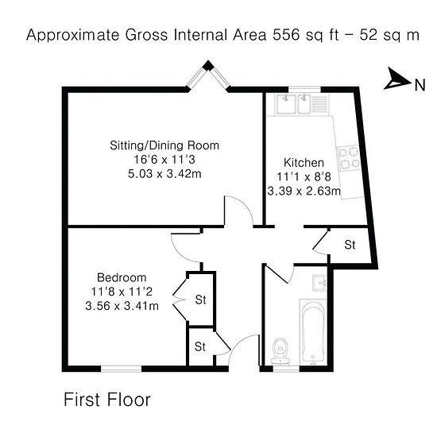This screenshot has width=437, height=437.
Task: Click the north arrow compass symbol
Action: [397, 79]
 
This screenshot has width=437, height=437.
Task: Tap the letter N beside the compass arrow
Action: [420, 85]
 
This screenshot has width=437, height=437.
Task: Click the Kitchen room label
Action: [304, 163]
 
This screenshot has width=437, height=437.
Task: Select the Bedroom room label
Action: [122, 277]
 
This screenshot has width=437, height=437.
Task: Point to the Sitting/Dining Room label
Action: [164, 145]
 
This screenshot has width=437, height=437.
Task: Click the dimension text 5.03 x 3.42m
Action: [164, 174]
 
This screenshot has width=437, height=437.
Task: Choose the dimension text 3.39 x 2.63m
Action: [304, 191]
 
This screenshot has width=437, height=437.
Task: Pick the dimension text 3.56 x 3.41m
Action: [122, 306]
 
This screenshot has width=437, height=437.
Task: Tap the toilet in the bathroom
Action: [280, 351]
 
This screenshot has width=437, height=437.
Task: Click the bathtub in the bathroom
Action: [313, 332]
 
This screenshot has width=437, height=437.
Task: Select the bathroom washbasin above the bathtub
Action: [319, 283]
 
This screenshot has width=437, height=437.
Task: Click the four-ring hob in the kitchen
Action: [349, 158]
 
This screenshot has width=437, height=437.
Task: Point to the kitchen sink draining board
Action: [319, 104]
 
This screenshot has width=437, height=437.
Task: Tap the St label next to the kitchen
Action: [350, 245]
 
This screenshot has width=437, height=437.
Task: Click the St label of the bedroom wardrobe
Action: [201, 300]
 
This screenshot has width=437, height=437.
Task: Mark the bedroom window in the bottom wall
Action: [122, 369]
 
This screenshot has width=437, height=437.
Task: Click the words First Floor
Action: [107, 400]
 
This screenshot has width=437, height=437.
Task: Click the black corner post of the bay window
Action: [207, 66]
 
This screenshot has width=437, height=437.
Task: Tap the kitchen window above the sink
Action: [304, 90]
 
